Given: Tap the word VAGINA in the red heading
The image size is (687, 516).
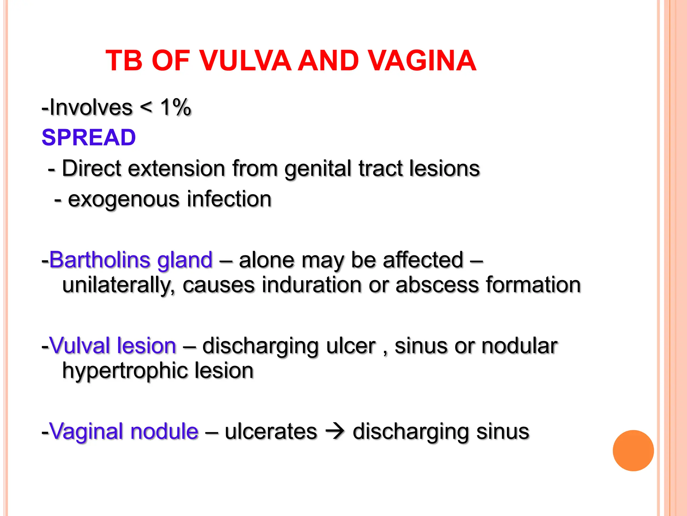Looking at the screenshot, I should pos(422,61).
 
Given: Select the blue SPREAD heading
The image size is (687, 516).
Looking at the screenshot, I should pos(89,137).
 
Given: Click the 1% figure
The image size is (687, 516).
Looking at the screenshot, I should pos(175,107).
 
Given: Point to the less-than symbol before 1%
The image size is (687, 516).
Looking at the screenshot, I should pos(146,107).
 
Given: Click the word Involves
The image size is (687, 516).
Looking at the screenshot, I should pos(91,107).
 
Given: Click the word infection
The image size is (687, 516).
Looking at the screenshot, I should pos(229,199).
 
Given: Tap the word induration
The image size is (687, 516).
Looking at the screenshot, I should pos(312,285).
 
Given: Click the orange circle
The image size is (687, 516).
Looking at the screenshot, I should pos(633,450).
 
